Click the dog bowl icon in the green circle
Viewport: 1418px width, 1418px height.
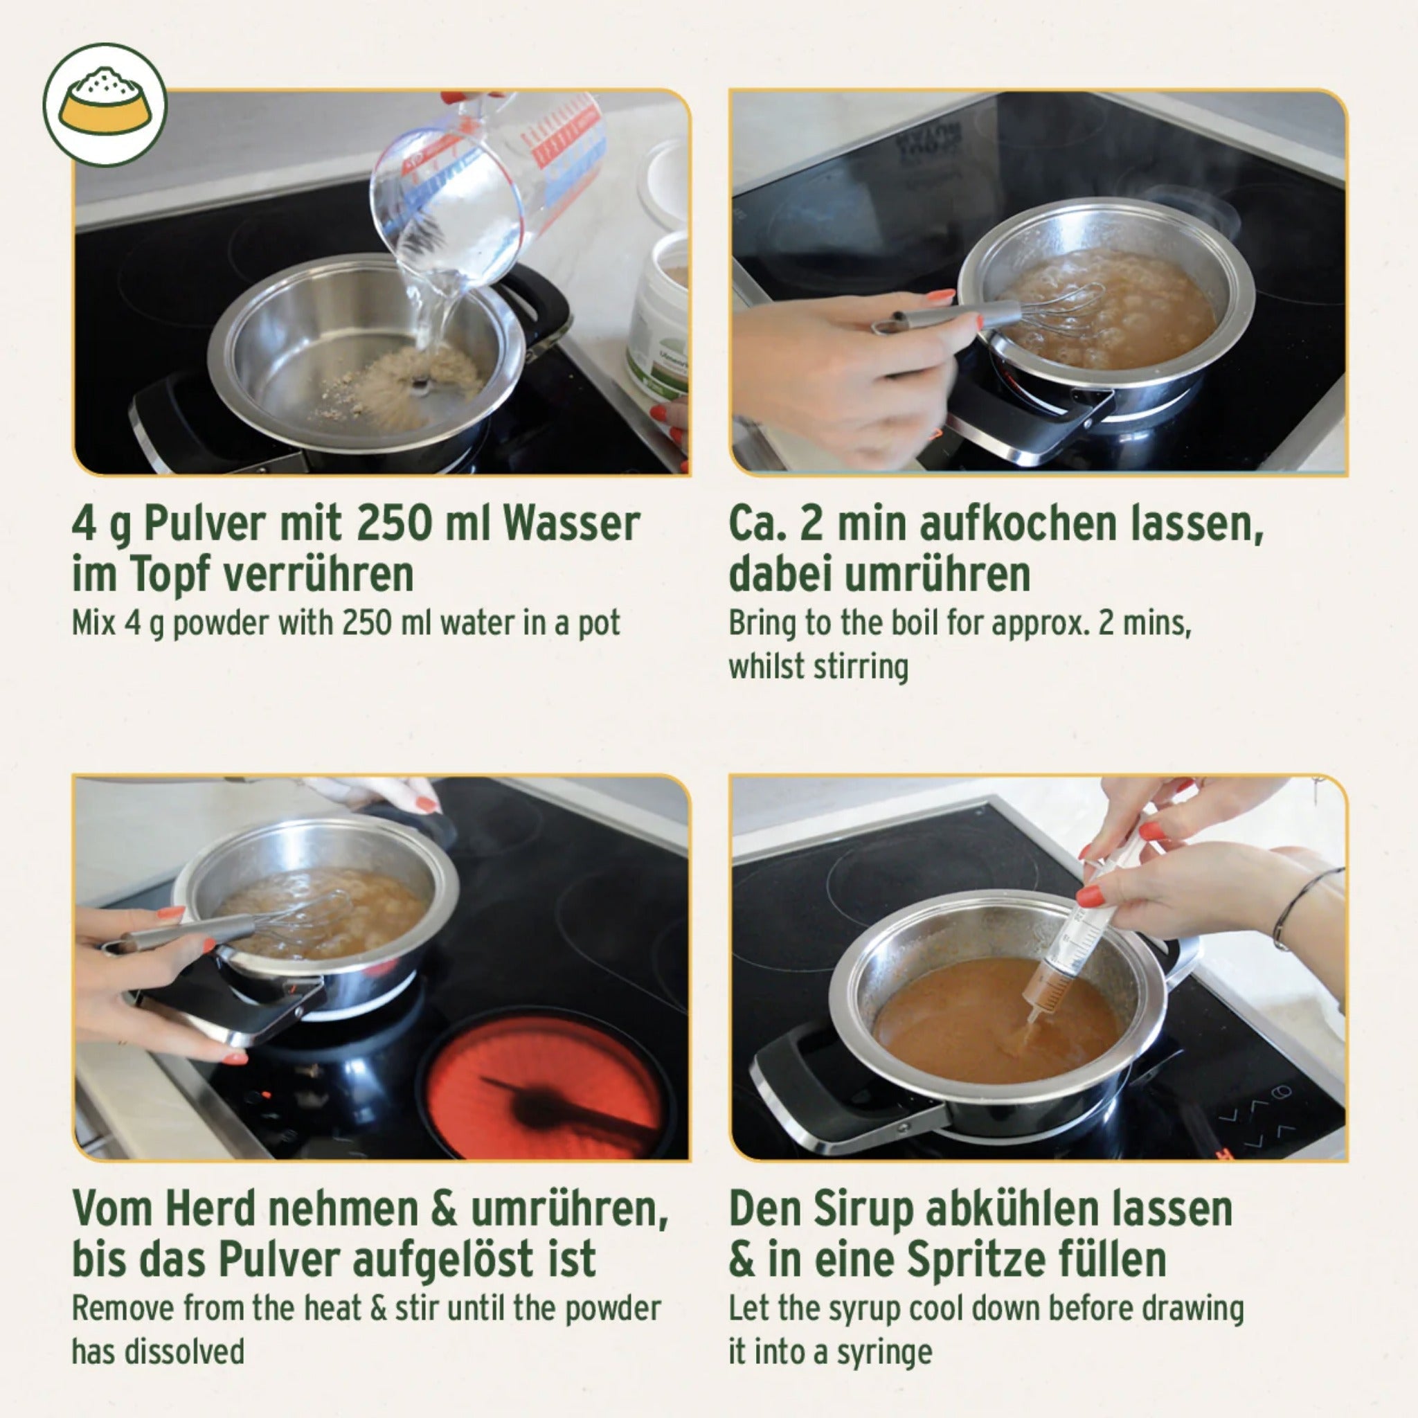(x=105, y=105)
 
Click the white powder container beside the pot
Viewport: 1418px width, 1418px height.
(x=658, y=316)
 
